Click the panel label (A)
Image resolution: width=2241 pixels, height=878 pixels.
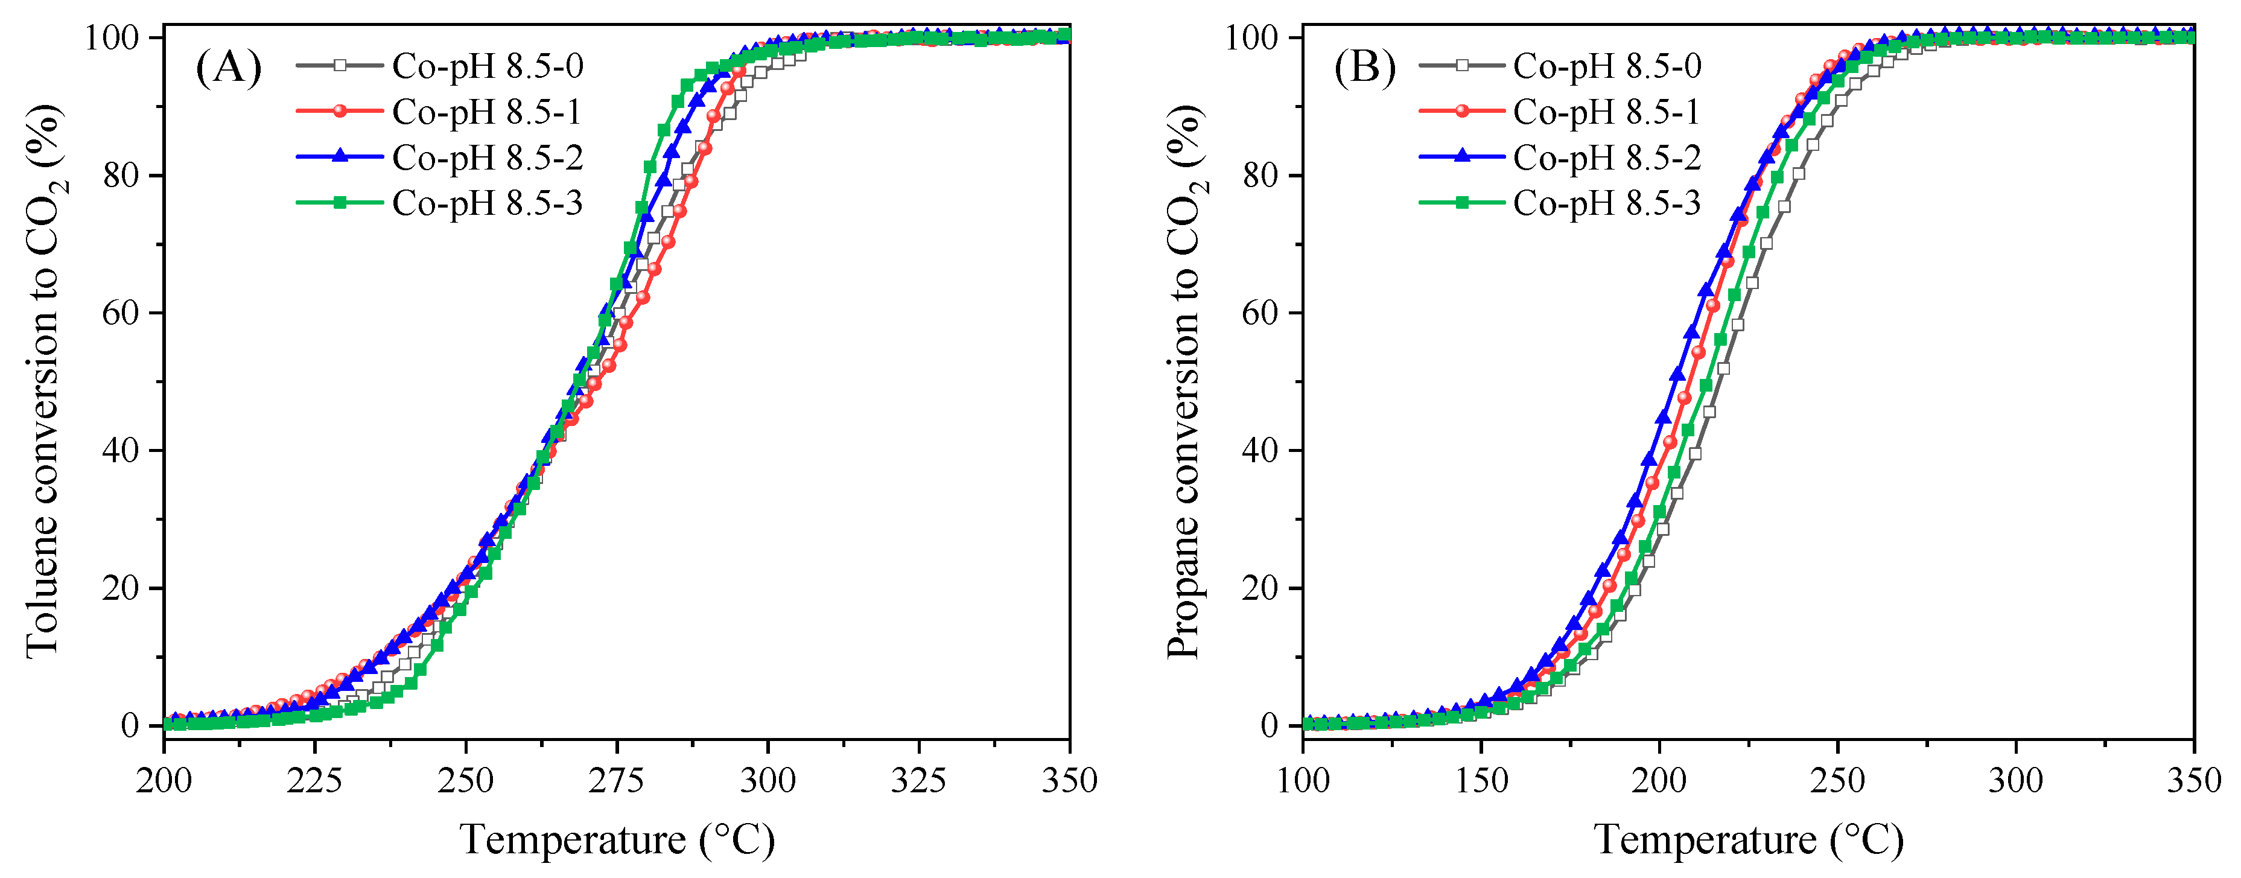pos(229,68)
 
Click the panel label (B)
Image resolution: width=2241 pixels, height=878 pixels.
pos(1364,68)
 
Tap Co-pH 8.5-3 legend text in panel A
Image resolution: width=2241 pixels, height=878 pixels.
pos(487,203)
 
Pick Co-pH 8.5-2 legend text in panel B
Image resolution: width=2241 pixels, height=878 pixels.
pos(1607,157)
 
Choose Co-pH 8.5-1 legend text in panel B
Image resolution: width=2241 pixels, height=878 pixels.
pos(1607,112)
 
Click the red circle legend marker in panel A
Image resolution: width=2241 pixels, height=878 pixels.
pos(340,112)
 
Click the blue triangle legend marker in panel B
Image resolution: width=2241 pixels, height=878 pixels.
pos(1463,157)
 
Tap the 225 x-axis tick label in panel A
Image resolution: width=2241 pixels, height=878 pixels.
pos(314,780)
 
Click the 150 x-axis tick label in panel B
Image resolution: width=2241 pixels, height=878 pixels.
pos(1481,780)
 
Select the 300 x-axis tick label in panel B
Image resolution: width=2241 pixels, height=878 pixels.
pos(2016,780)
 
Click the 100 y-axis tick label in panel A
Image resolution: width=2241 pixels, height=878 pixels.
pos(112,38)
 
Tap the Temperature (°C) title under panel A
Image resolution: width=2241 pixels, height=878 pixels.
pos(616,841)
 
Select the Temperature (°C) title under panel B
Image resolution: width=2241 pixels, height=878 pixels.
pos(1749,841)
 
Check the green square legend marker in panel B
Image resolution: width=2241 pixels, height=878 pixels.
pos(1463,203)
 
